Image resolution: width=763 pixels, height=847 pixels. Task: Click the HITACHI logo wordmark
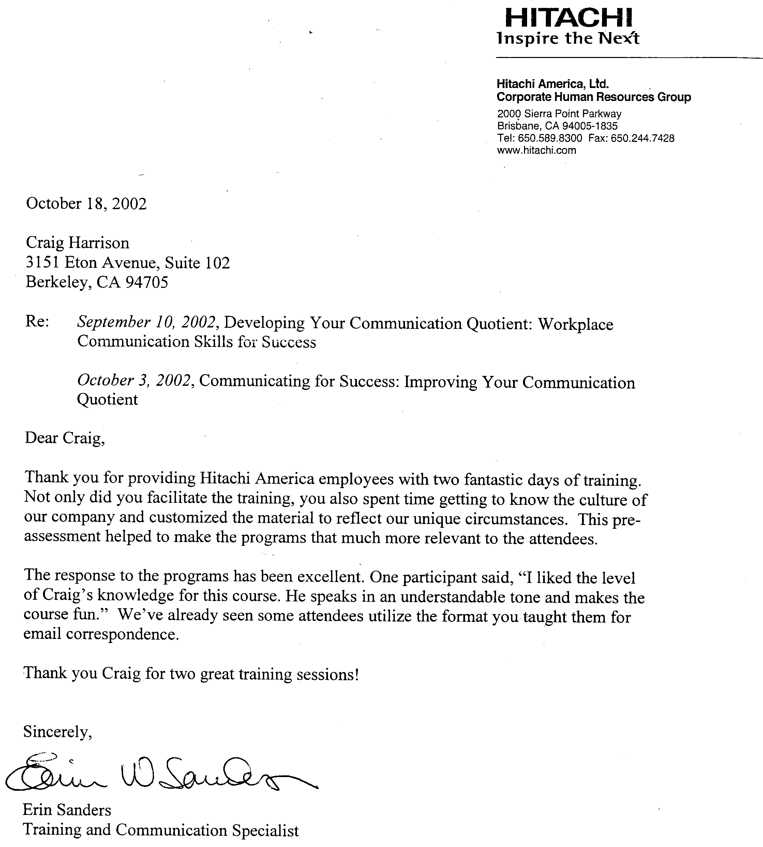(568, 18)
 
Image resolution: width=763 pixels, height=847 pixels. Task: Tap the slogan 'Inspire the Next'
(568, 38)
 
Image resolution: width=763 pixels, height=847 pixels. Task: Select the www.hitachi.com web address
(536, 150)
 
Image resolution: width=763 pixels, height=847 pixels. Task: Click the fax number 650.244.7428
(642, 138)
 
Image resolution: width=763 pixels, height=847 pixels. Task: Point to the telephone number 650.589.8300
(550, 138)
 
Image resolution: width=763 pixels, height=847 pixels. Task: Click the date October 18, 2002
(86, 203)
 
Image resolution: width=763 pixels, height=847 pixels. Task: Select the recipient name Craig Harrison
(77, 243)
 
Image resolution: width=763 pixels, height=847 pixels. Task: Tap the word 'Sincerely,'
(57, 732)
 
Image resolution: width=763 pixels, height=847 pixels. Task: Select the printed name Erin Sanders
(67, 810)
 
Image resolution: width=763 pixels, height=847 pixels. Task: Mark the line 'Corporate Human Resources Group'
(594, 97)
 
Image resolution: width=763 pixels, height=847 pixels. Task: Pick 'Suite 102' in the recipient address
(197, 263)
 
